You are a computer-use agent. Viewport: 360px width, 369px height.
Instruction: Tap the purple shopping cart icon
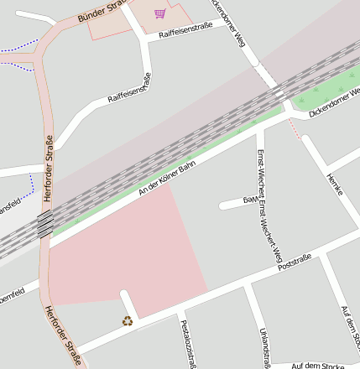[x=159, y=13]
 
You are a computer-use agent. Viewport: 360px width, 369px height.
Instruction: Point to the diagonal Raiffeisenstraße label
[x=129, y=88]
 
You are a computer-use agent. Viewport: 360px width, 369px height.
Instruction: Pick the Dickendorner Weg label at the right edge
[x=334, y=99]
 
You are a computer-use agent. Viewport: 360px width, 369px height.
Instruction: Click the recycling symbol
[x=128, y=320]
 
